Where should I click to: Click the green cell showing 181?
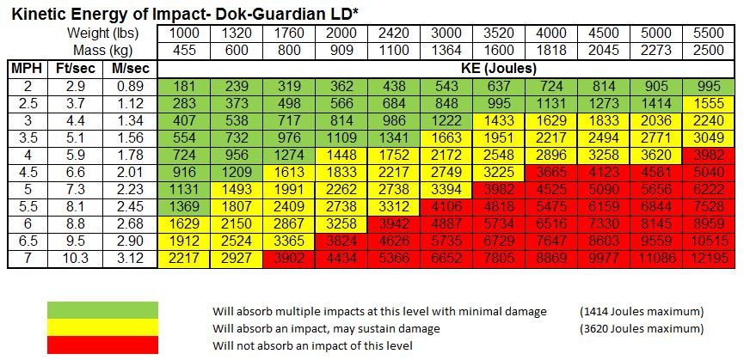pos(184,87)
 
